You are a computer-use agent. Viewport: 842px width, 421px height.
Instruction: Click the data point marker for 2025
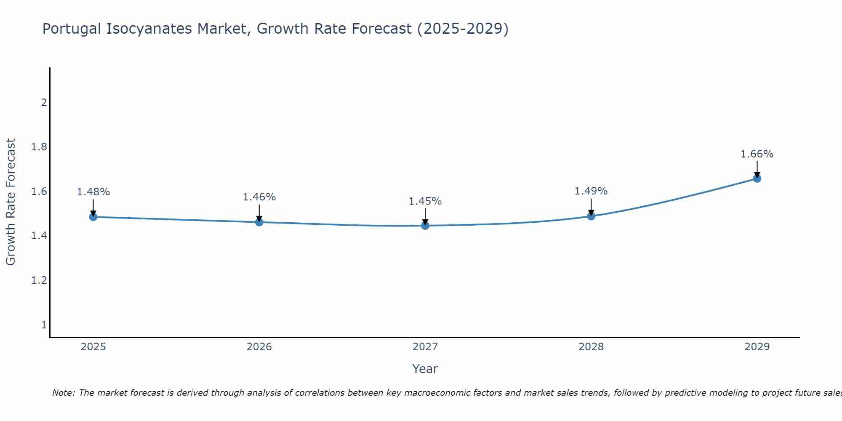pos(93,217)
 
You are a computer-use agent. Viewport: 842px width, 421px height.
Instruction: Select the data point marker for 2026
pos(259,222)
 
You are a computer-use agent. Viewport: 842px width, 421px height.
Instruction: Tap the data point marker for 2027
pos(425,226)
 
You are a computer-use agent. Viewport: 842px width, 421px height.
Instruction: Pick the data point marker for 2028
pos(591,216)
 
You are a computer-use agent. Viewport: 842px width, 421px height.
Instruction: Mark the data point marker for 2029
pos(757,179)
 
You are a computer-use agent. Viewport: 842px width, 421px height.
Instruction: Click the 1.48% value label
pos(93,192)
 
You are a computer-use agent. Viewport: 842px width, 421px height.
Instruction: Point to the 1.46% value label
pos(259,197)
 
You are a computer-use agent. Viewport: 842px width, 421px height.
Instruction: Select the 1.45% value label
pos(425,201)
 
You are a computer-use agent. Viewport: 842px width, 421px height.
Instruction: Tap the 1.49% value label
pos(591,191)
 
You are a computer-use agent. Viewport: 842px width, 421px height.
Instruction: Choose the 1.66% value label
pos(757,154)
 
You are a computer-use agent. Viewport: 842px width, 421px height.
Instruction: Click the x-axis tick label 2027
pos(425,347)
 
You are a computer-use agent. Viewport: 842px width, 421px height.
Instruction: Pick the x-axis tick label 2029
pos(757,347)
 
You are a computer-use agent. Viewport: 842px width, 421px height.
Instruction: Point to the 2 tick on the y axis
pos(44,103)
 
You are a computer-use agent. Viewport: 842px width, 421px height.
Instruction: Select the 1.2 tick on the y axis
pos(39,280)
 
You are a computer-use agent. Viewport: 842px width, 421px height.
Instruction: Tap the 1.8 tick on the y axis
pos(39,147)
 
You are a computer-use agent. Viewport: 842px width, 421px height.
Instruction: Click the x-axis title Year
pos(425,369)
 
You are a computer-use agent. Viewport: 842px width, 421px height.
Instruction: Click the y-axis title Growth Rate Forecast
pos(11,202)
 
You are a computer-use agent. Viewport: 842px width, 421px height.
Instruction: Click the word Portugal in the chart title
pos(72,29)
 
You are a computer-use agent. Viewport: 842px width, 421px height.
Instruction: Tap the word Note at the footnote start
pos(63,393)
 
